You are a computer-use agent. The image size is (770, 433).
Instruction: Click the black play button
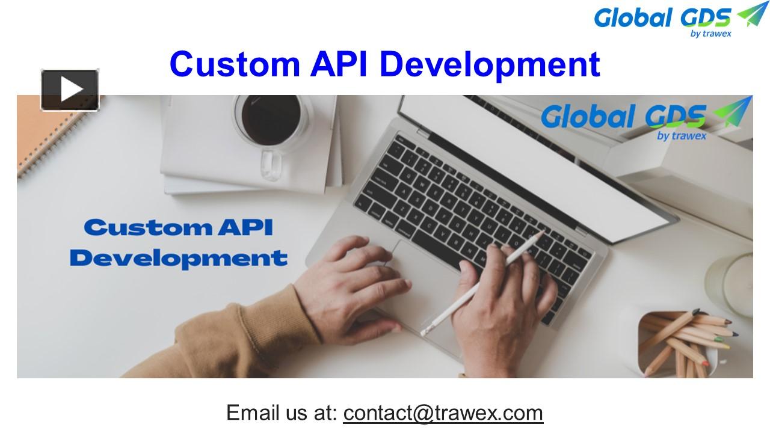tap(70, 90)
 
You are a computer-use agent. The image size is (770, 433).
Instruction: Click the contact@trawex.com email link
tap(443, 413)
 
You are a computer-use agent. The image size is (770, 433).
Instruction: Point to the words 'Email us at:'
tap(282, 413)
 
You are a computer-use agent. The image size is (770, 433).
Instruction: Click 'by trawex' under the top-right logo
tap(710, 33)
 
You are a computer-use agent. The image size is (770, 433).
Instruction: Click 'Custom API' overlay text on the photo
tap(179, 228)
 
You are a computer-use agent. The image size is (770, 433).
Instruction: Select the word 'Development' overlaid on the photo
tap(179, 258)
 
